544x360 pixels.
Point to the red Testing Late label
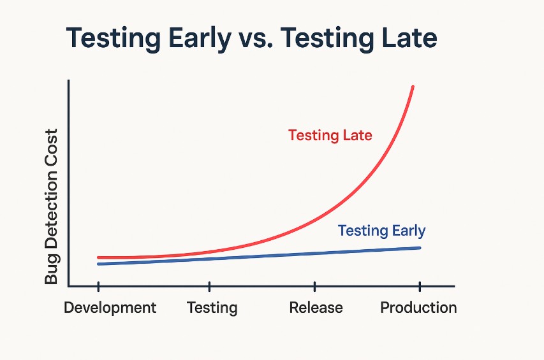[x=330, y=135]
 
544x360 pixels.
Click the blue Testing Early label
[x=381, y=231]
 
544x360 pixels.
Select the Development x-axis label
[x=110, y=308]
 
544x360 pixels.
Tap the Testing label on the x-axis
[x=212, y=308]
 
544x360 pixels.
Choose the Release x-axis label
[x=316, y=308]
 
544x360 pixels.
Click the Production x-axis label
[x=418, y=308]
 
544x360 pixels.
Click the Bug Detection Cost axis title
[x=52, y=206]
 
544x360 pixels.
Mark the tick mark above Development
[x=98, y=286]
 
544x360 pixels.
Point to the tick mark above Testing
[x=209, y=286]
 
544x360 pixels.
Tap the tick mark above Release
[x=314, y=286]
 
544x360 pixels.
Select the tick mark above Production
[x=419, y=286]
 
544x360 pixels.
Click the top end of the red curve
[x=413, y=87]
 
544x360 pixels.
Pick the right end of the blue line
[x=420, y=247]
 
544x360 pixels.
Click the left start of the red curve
[x=99, y=257]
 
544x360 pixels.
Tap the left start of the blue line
[x=99, y=264]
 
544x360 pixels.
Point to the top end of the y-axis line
[x=68, y=82]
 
